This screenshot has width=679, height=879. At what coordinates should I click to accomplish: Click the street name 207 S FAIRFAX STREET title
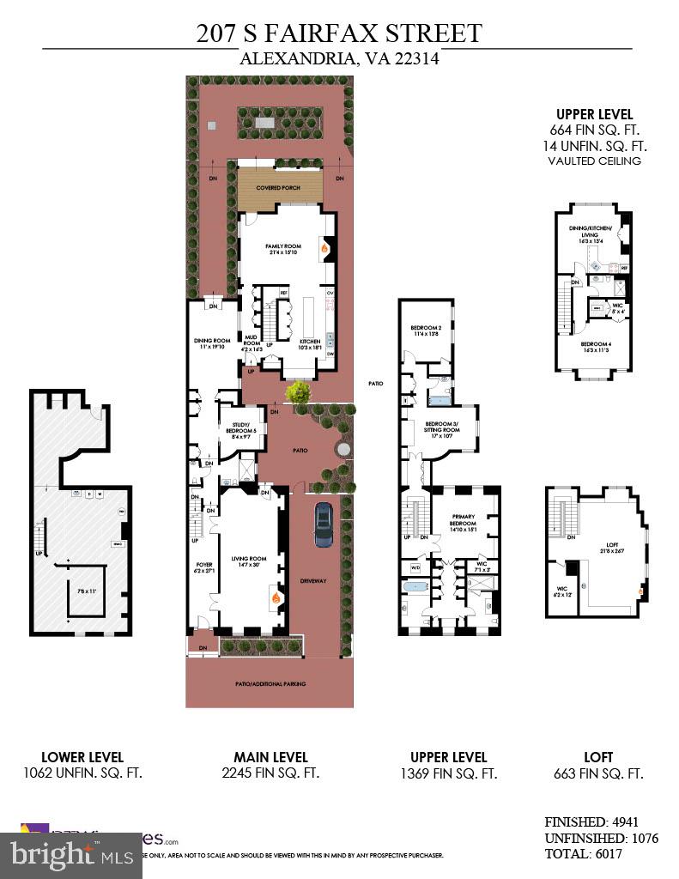click(x=339, y=33)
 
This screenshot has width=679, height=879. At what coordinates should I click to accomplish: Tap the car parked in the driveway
click(x=324, y=524)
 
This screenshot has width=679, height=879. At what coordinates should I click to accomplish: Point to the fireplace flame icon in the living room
click(x=275, y=596)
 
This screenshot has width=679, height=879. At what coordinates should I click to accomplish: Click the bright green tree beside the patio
click(x=299, y=394)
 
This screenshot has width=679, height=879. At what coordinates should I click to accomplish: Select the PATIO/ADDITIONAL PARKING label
click(x=270, y=684)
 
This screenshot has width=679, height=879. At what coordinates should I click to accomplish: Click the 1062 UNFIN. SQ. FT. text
click(x=82, y=773)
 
